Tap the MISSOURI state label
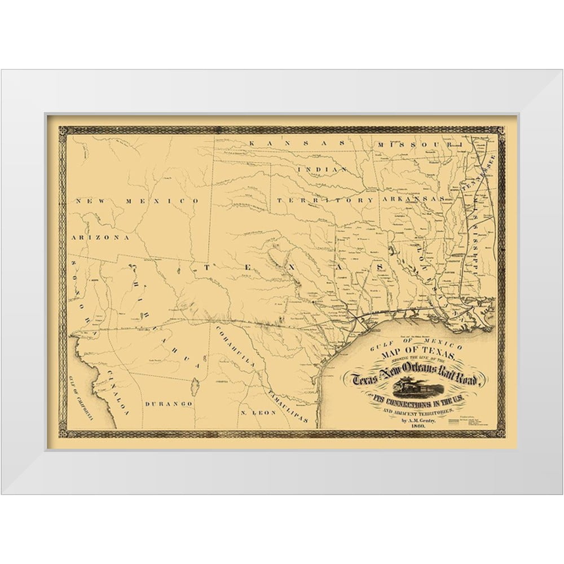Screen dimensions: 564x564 pyautogui.click(x=416, y=144)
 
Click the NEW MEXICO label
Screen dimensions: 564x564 pyautogui.click(x=138, y=201)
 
